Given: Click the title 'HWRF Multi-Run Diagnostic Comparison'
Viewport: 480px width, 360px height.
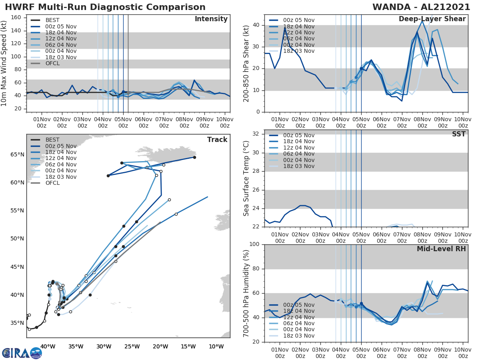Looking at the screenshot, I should click(x=105, y=7).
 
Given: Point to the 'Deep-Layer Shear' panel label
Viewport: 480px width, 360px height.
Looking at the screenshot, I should click(x=432, y=19).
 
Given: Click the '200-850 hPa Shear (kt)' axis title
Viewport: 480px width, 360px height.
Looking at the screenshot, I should click(x=247, y=63).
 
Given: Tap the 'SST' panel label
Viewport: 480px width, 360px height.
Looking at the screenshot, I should click(x=459, y=134).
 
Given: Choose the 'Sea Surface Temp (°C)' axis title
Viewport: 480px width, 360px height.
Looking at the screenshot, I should click(x=247, y=178).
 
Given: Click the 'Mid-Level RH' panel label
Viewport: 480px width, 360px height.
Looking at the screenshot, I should click(x=441, y=249).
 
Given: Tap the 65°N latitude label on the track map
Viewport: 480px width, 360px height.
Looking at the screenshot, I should click(x=17, y=154).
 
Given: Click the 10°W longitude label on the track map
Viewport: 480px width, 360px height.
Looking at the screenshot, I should click(x=216, y=346).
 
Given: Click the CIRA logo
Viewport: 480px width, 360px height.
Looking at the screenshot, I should click(x=22, y=352).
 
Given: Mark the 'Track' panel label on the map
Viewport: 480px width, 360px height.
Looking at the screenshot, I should click(x=217, y=140).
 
